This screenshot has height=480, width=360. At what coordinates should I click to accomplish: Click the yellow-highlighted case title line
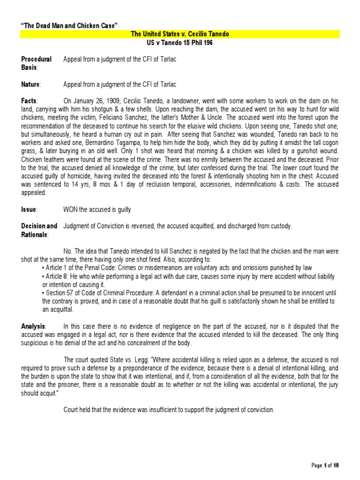pos(180,34)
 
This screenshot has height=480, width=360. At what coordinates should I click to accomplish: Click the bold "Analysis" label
pos(33,326)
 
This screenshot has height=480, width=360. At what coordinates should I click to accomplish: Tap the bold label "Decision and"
pos(39,226)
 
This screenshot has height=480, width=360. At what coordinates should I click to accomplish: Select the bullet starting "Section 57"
pos(187,293)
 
